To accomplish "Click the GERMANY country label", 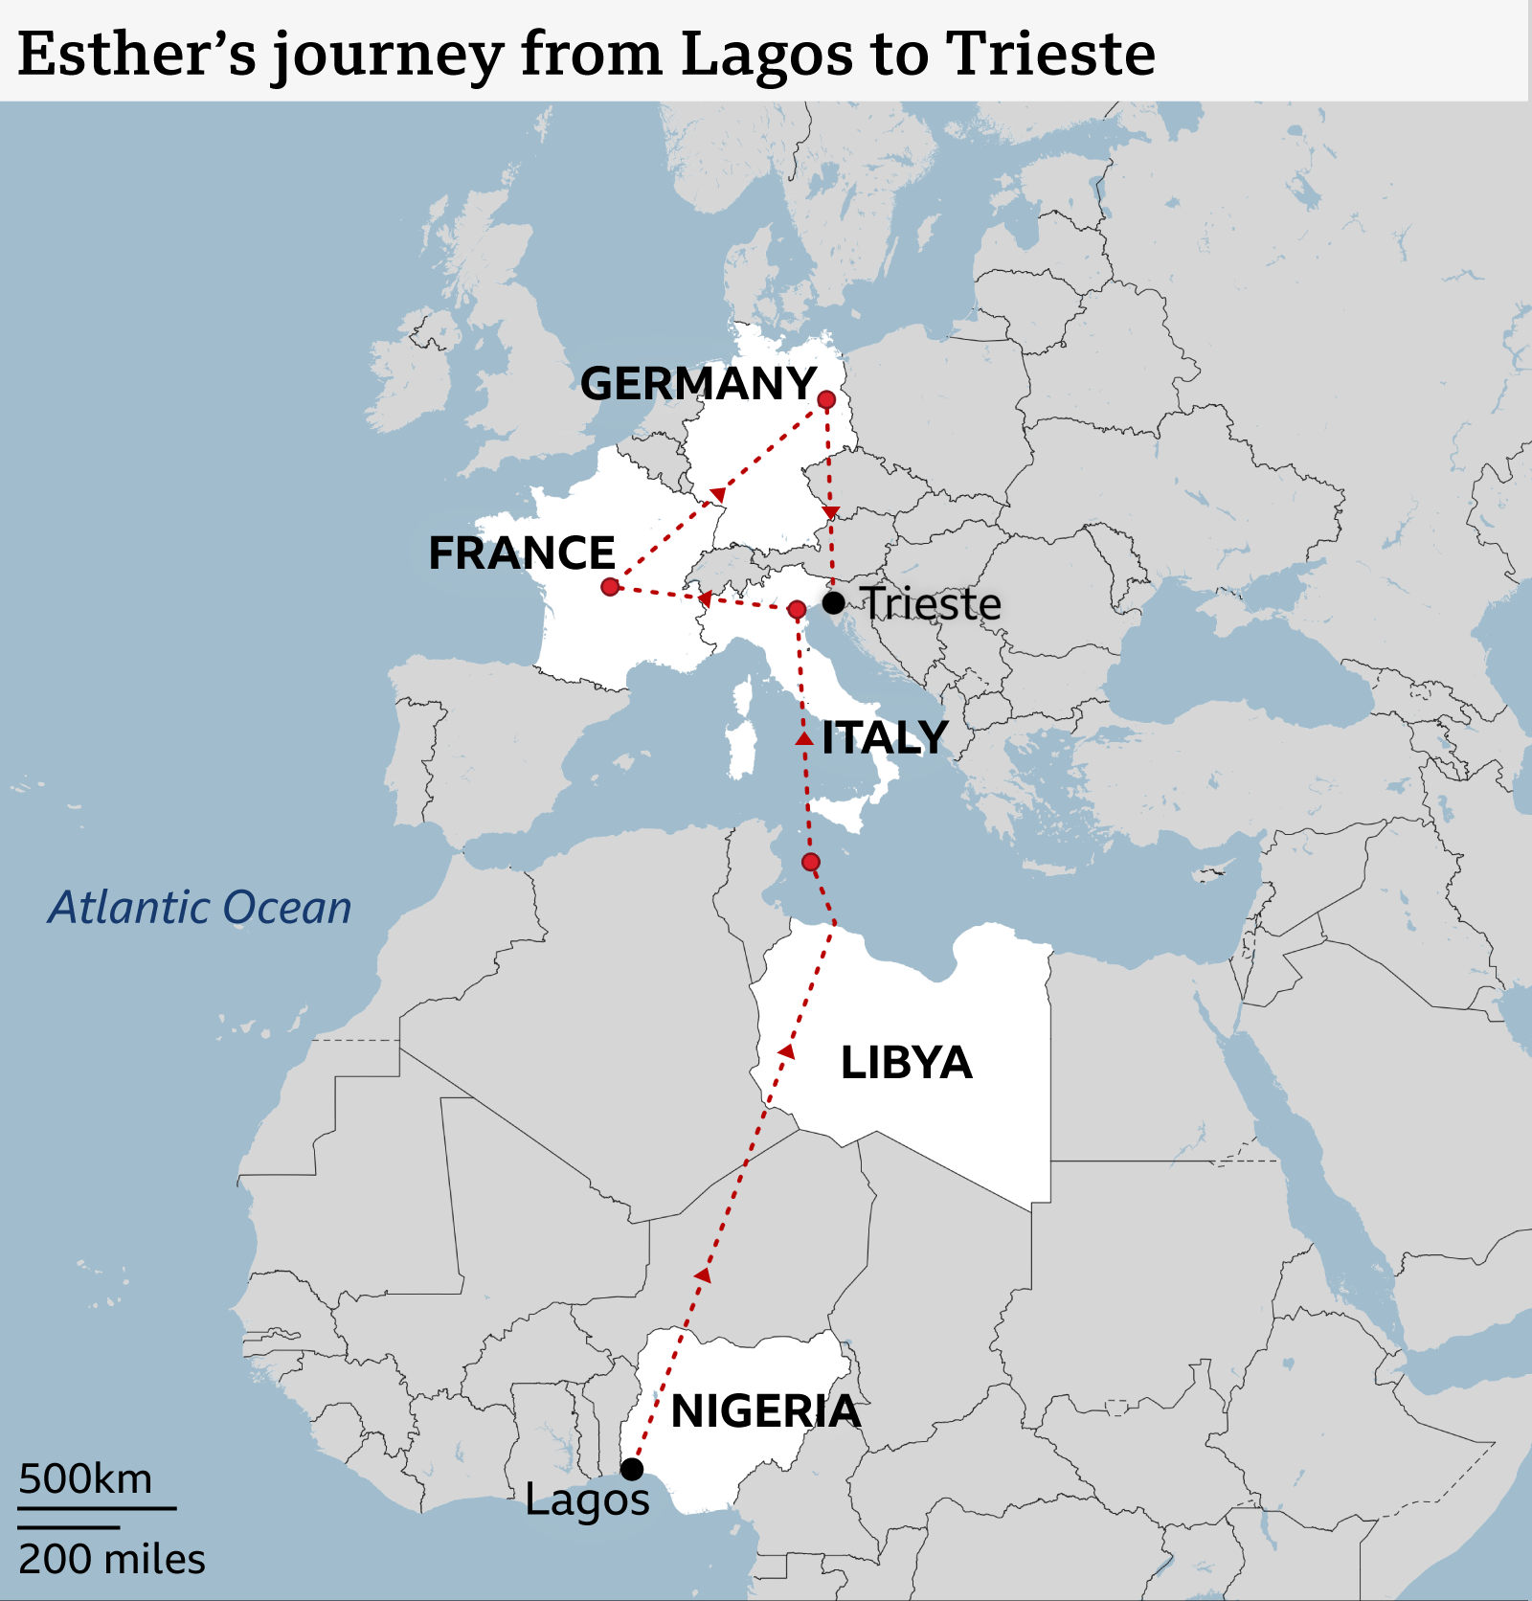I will click(x=698, y=384).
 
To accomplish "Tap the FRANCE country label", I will click(x=521, y=553).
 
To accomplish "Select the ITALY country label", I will click(x=885, y=737).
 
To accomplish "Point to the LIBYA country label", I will click(x=906, y=1063).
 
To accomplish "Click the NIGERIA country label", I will click(x=765, y=1411).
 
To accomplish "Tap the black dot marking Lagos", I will click(x=632, y=1469).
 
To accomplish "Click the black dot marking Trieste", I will click(x=834, y=603).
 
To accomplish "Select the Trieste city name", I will click(x=931, y=604).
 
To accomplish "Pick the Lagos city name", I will click(x=587, y=1500).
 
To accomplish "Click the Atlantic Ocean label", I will click(x=200, y=908).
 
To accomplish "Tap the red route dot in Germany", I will click(x=826, y=399).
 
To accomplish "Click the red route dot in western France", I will click(x=610, y=586).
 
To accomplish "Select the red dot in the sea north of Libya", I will click(x=811, y=862).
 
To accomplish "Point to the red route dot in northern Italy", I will click(x=797, y=609).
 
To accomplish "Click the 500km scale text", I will click(x=85, y=1479).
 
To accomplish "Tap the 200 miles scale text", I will click(x=111, y=1560).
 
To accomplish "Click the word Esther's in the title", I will click(x=137, y=54).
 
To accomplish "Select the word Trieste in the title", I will click(x=1050, y=54).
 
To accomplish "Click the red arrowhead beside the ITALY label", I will click(x=804, y=738).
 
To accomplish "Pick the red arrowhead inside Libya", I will click(x=786, y=1051).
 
